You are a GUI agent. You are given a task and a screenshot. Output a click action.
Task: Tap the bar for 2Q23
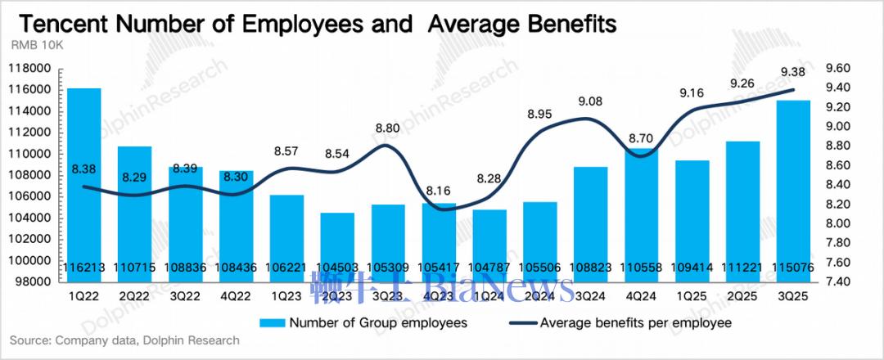point(337,246)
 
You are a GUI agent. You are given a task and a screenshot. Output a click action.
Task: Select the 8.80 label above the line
point(388,128)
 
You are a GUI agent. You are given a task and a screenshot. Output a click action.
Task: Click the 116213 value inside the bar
point(83,267)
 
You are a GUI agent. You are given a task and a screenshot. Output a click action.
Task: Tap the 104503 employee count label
point(337,267)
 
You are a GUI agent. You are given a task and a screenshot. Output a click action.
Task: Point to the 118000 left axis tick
point(34,69)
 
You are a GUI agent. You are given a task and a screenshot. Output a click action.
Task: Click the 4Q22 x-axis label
point(236,295)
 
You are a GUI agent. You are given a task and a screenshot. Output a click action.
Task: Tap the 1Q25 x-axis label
point(692,295)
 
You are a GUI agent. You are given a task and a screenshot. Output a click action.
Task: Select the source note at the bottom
point(124,340)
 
